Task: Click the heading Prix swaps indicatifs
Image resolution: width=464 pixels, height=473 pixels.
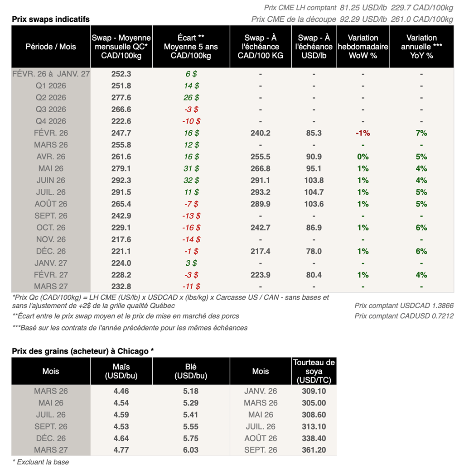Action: click(x=51, y=19)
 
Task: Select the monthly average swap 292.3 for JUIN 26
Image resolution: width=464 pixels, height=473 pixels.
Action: click(x=121, y=180)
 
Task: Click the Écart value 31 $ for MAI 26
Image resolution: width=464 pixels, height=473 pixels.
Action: click(x=191, y=168)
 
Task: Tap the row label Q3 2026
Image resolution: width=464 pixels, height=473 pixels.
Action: click(x=51, y=109)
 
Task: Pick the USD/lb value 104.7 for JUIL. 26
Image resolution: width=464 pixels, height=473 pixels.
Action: click(x=314, y=192)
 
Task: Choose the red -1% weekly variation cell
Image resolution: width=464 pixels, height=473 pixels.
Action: click(x=363, y=133)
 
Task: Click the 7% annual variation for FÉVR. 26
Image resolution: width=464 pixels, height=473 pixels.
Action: click(x=421, y=133)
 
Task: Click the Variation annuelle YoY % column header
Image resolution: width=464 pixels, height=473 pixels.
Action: click(x=421, y=47)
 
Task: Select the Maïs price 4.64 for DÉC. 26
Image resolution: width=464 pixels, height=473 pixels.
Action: click(x=121, y=438)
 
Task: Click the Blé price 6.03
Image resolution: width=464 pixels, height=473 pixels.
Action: click(x=191, y=450)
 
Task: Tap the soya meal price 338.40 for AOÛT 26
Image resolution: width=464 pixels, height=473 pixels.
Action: click(x=314, y=438)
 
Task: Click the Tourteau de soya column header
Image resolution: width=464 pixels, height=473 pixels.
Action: click(x=314, y=371)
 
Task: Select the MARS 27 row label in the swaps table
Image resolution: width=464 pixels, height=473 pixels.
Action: click(x=51, y=286)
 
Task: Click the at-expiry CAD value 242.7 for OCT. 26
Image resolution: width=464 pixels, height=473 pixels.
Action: click(x=261, y=227)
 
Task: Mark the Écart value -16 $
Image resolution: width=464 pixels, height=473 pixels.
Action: click(x=191, y=227)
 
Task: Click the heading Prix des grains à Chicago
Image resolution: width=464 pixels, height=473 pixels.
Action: click(x=82, y=351)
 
